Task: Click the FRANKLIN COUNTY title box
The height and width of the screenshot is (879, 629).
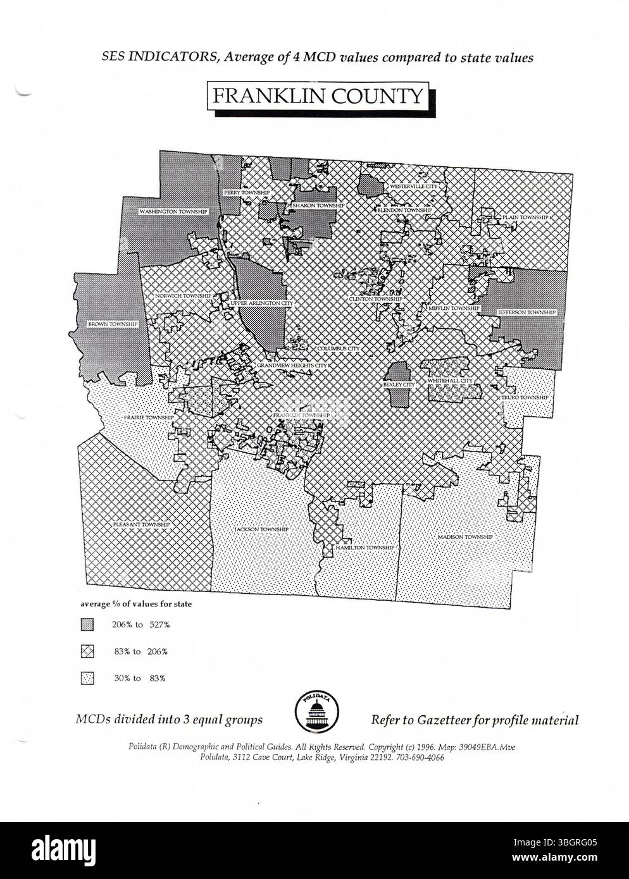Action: point(317,96)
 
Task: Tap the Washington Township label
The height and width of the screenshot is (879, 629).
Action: point(173,211)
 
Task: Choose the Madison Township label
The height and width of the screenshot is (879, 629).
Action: point(465,537)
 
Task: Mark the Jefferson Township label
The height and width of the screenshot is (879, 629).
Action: point(526,312)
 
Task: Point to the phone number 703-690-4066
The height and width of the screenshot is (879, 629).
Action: point(421,757)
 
